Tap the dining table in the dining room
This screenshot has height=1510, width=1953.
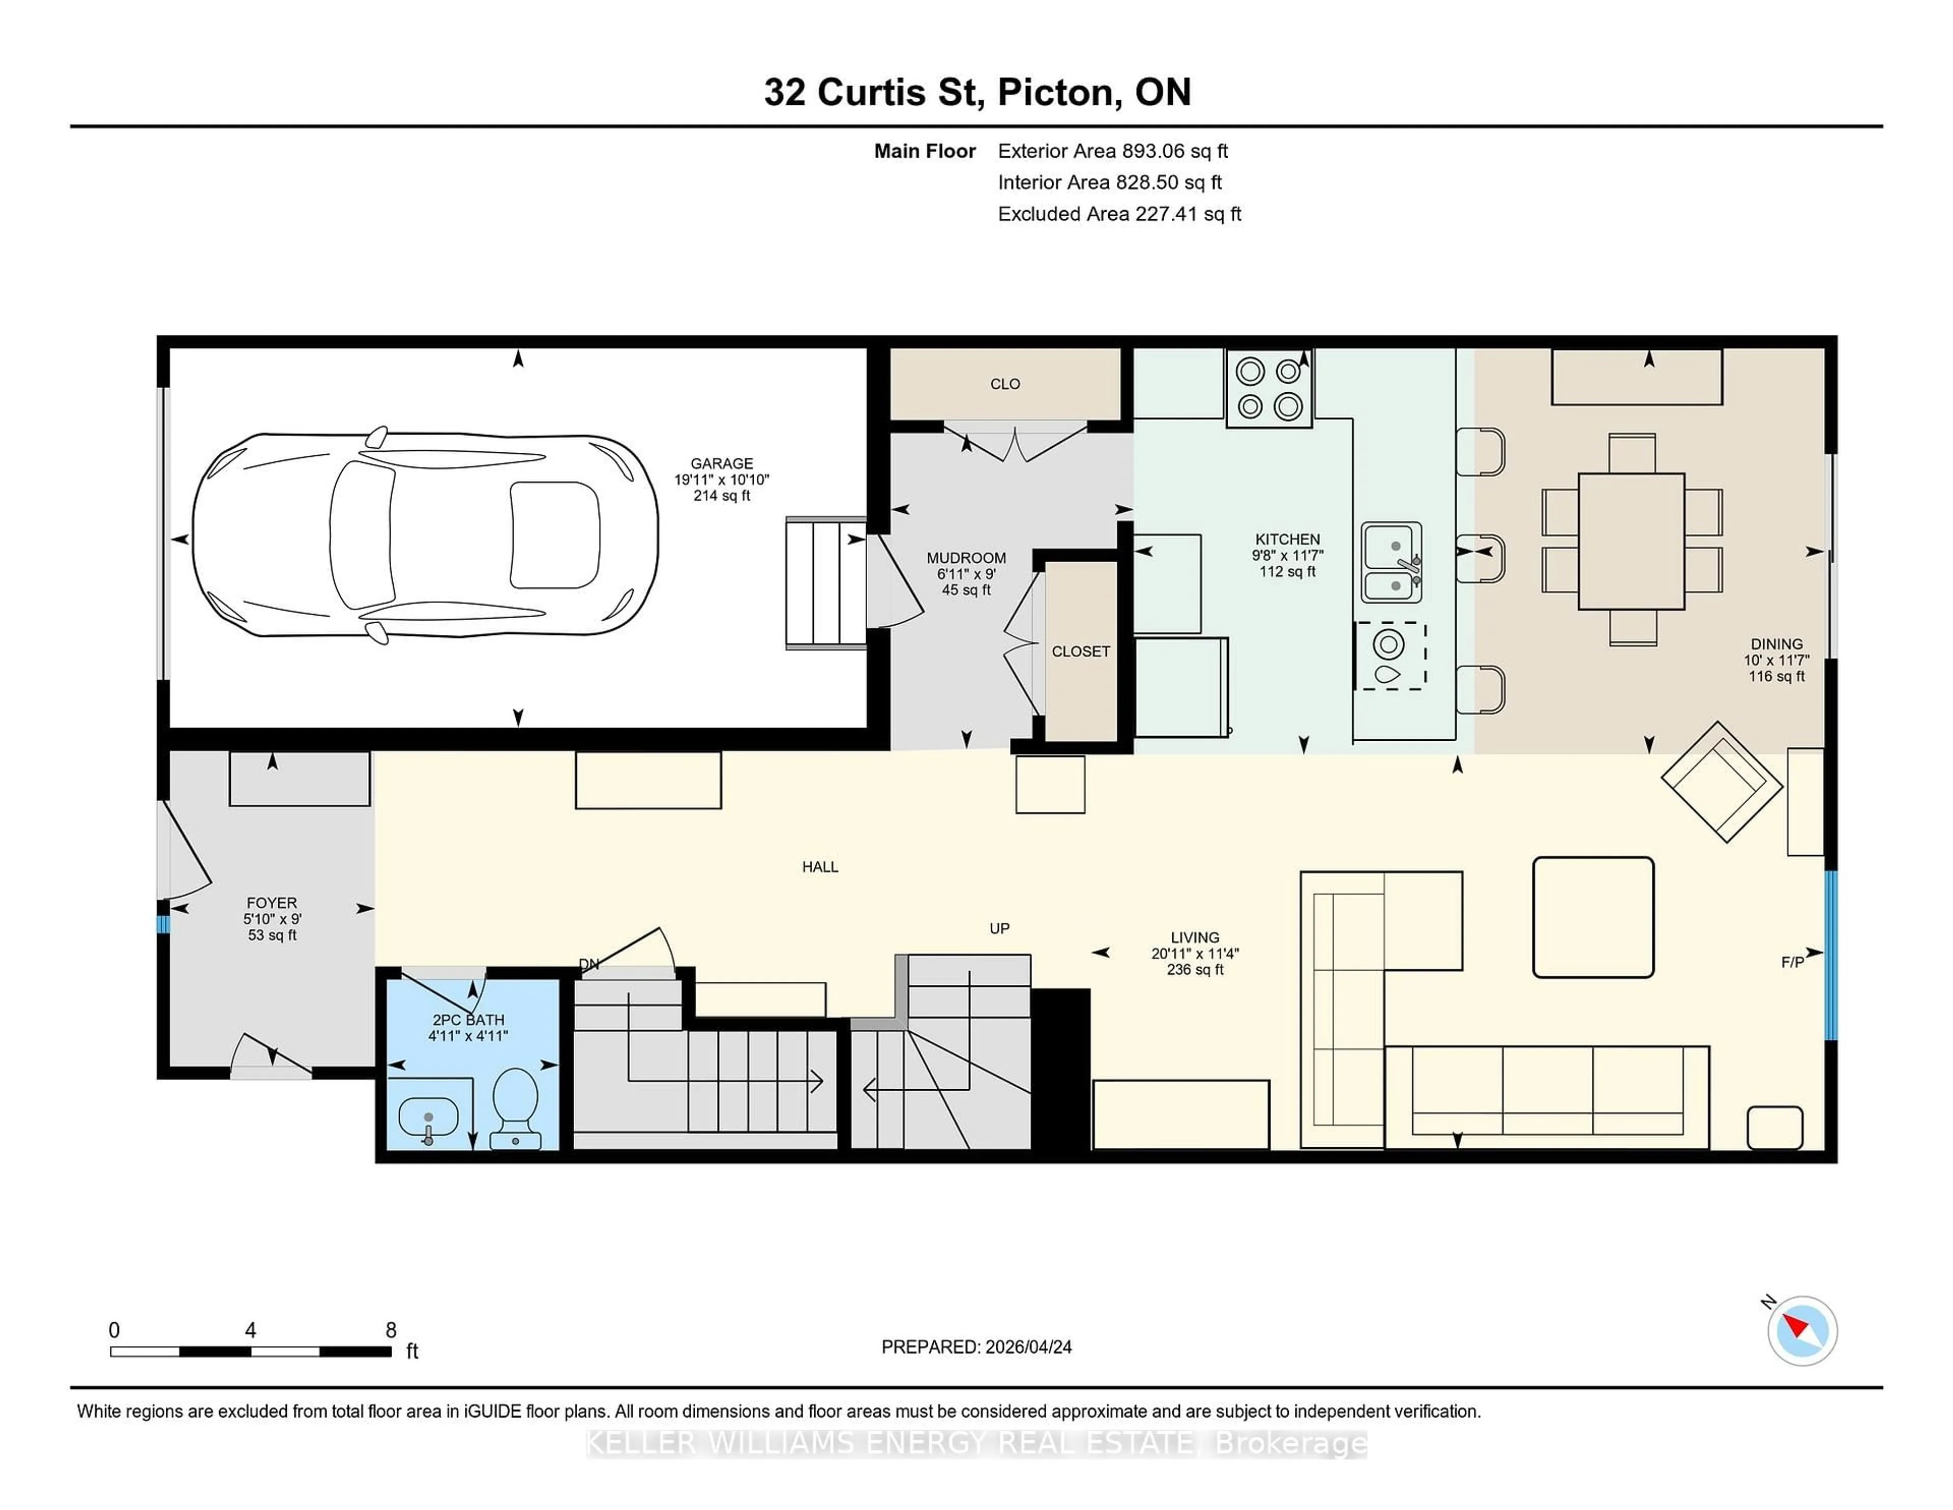pyautogui.click(x=1631, y=541)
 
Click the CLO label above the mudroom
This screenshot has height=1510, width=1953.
pyautogui.click(x=1005, y=384)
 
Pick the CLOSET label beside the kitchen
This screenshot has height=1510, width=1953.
pyautogui.click(x=1080, y=651)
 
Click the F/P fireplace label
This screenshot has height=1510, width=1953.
pyautogui.click(x=1792, y=963)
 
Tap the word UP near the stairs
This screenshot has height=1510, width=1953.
pyautogui.click(x=999, y=928)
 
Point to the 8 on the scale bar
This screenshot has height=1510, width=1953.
pyautogui.click(x=391, y=1330)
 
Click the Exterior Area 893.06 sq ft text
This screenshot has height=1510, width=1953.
pyautogui.click(x=1112, y=151)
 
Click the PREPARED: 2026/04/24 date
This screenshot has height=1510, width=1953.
pyautogui.click(x=976, y=1347)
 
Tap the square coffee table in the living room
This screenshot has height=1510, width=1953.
pyautogui.click(x=1592, y=917)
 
